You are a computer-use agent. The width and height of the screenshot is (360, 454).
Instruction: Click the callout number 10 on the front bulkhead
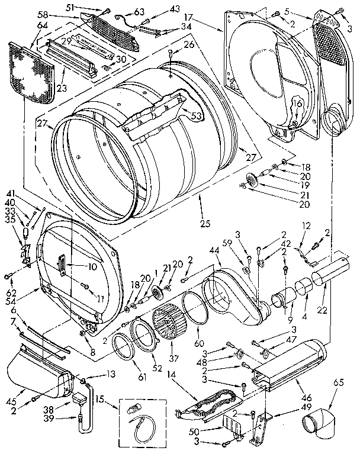click(x=92, y=267)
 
